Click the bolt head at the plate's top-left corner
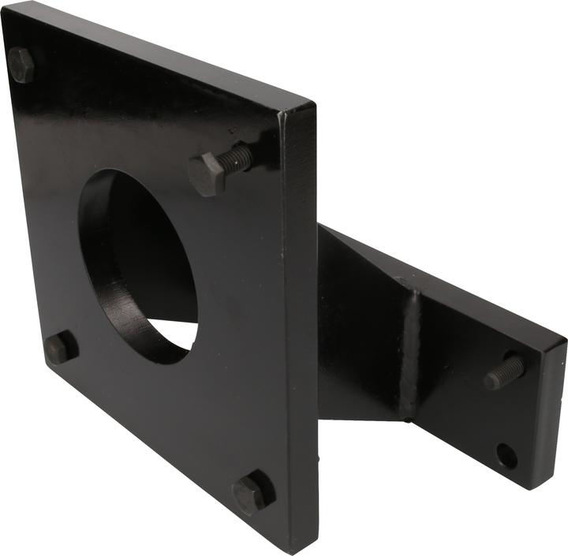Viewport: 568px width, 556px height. tap(21, 65)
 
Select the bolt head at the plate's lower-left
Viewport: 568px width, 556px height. tap(60, 347)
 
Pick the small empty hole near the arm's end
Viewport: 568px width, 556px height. tap(506, 455)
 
